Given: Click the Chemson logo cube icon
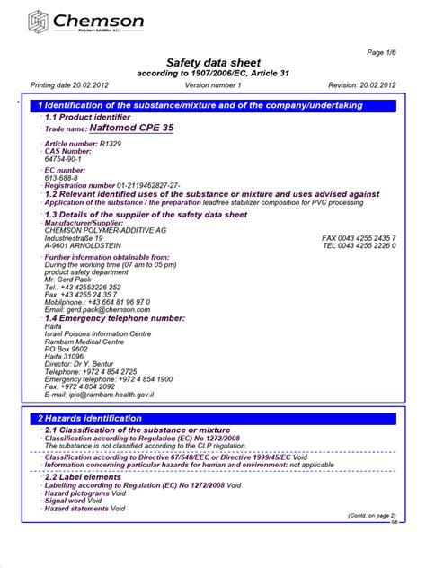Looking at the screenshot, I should [x=39, y=21].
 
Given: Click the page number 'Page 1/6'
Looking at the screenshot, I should [x=381, y=54].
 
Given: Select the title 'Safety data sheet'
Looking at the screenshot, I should [x=214, y=62].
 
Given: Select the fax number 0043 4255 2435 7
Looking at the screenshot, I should [x=359, y=237].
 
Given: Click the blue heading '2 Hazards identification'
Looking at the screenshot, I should [x=89, y=419].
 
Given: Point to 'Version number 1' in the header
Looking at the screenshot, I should [x=213, y=84].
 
